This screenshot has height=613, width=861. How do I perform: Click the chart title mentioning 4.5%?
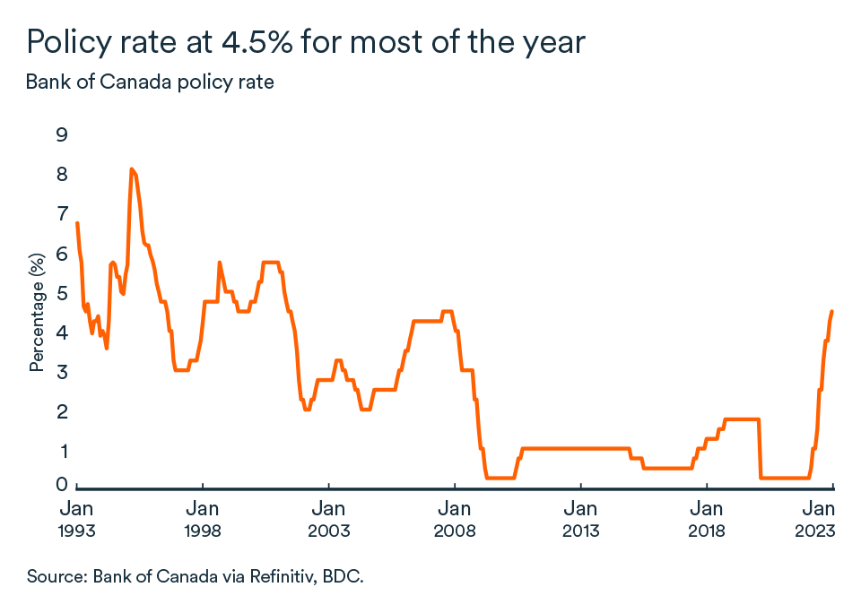[306, 42]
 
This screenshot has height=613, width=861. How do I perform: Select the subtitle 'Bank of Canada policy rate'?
[150, 82]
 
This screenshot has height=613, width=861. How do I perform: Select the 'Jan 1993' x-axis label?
[76, 519]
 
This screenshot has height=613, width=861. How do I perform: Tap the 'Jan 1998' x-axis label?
[203, 519]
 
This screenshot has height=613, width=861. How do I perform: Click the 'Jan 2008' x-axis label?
[455, 519]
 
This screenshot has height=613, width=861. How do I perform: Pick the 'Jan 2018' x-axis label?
[707, 519]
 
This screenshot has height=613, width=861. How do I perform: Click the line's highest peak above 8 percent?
[132, 168]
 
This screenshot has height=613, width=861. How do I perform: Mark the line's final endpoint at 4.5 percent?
[832, 312]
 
